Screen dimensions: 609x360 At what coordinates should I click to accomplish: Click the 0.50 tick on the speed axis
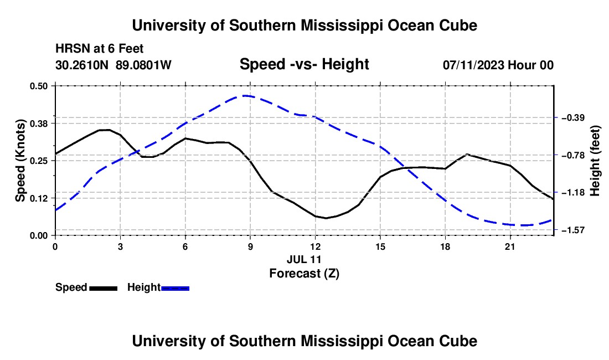38,86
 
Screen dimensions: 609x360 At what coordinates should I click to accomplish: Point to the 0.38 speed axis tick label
38,124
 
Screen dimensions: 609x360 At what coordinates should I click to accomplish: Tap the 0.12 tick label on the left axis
38,198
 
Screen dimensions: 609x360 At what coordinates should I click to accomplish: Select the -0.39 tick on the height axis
573,117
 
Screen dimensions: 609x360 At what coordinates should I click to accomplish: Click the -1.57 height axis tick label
573,230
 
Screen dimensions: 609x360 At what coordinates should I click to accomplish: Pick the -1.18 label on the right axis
573,193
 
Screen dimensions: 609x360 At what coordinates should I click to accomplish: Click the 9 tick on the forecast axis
250,246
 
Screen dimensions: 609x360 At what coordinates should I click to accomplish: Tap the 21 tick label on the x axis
510,246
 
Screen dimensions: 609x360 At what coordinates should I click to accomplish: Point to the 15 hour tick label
380,246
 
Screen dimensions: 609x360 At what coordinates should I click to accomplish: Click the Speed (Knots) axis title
20,161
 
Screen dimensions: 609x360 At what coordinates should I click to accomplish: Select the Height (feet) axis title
595,161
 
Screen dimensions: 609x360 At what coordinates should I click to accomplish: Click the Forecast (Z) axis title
304,274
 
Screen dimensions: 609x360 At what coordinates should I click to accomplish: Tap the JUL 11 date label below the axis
304,259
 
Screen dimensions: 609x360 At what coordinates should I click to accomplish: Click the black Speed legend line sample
104,288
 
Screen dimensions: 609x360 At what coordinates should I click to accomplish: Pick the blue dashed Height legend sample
175,288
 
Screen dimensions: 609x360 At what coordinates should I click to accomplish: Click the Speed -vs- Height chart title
304,64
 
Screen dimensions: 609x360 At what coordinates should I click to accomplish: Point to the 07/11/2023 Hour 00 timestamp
498,65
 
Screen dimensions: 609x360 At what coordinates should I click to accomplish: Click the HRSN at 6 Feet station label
100,49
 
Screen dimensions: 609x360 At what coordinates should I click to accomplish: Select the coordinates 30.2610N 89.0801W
113,65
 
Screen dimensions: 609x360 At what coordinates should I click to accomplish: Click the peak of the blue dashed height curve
245,95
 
